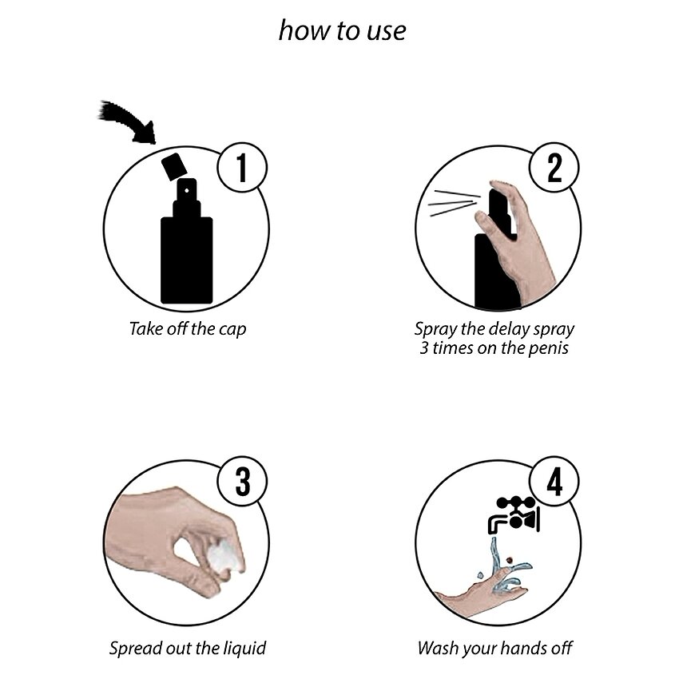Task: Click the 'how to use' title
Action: (x=342, y=30)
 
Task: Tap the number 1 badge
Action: (x=242, y=168)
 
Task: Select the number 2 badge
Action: (x=554, y=168)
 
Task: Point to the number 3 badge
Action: (x=242, y=482)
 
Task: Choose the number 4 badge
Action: (x=554, y=482)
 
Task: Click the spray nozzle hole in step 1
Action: (x=187, y=190)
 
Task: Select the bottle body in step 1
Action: (x=187, y=260)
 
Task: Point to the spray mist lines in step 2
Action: (x=455, y=203)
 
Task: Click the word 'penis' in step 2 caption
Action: (x=546, y=348)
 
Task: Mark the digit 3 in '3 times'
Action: (x=424, y=348)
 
